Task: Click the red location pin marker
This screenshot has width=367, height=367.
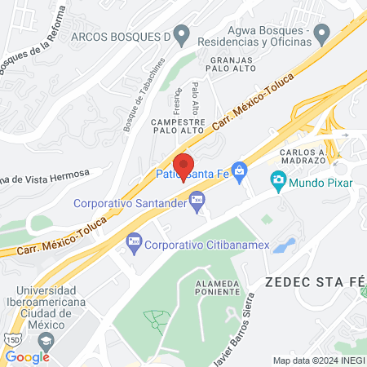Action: tap(183, 166)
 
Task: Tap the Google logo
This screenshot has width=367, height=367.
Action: tap(27, 356)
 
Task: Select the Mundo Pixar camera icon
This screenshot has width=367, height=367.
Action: tap(278, 179)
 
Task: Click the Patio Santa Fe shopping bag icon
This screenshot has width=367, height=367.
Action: tap(239, 170)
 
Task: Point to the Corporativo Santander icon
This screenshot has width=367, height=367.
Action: tap(196, 199)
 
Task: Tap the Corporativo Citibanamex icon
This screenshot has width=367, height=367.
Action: tap(134, 242)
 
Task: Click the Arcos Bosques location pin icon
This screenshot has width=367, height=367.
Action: tap(182, 36)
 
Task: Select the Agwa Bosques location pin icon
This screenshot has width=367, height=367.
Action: tap(322, 35)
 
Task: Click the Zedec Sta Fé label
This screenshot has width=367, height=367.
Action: tap(314, 281)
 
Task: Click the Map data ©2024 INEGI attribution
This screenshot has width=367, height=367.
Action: tap(319, 360)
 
